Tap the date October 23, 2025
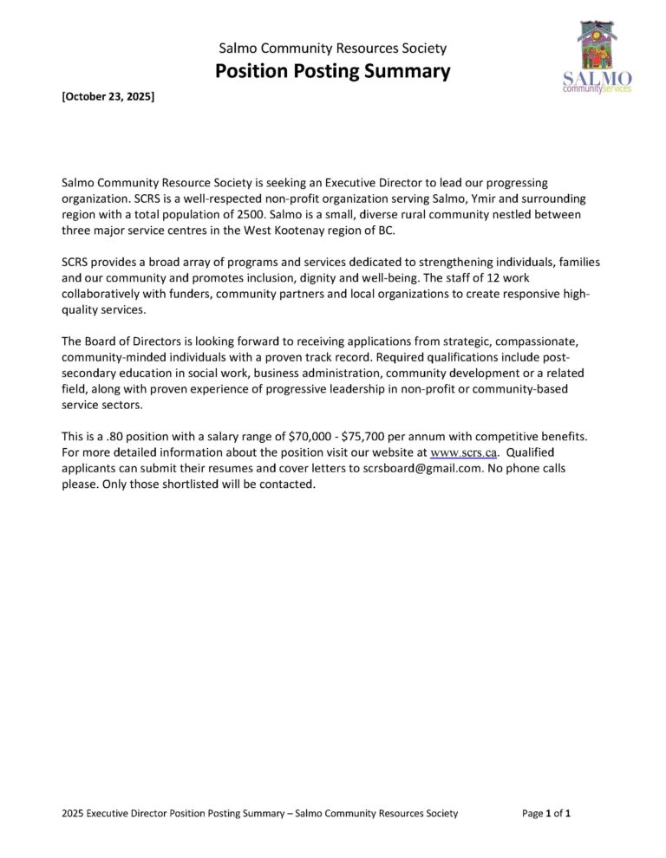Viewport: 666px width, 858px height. point(108,98)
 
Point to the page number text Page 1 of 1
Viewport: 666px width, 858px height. point(545,813)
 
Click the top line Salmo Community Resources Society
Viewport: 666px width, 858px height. point(332,49)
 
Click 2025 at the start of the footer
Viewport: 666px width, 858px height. point(74,813)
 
